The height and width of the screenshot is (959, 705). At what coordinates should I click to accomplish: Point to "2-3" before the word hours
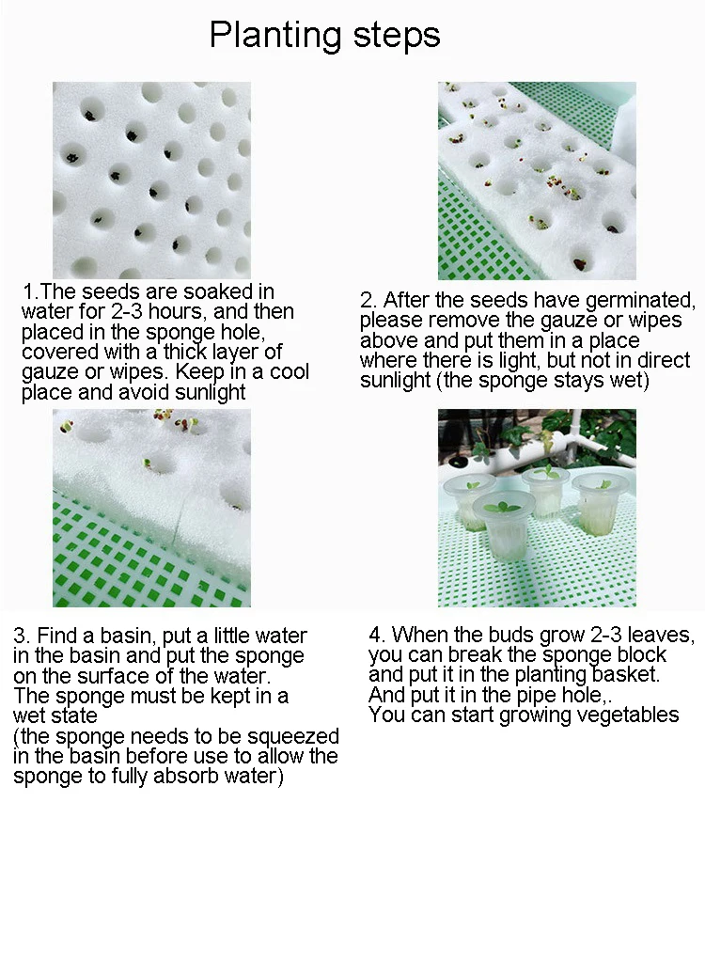tap(127, 311)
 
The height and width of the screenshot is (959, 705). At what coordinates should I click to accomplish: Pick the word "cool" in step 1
tap(290, 371)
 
